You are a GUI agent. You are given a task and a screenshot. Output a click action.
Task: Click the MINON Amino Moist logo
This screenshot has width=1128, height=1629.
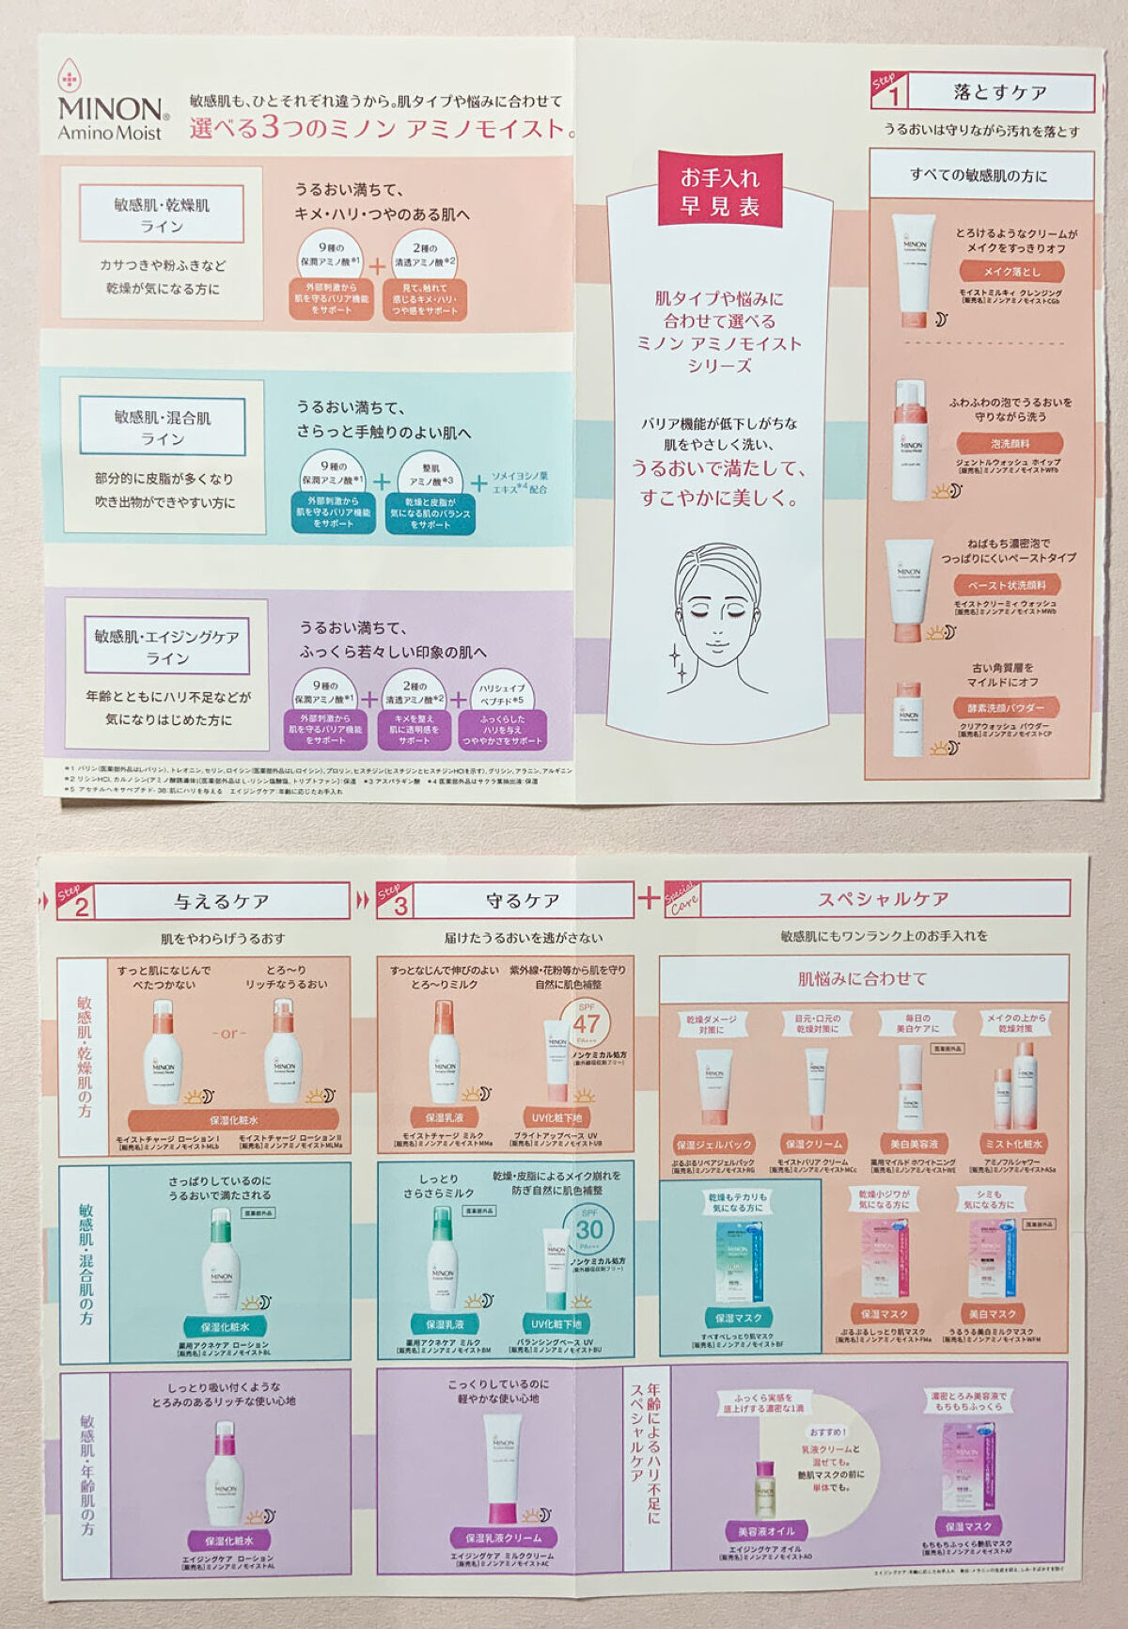(x=111, y=108)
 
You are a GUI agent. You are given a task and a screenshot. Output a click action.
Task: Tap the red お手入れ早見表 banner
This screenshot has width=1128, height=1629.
(x=720, y=191)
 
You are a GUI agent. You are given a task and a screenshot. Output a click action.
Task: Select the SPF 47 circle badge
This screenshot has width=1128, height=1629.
(x=587, y=1024)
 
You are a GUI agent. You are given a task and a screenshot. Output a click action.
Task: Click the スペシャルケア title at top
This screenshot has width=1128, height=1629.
(x=884, y=898)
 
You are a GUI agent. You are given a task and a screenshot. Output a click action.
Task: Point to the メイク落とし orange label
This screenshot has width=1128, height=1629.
(x=1011, y=271)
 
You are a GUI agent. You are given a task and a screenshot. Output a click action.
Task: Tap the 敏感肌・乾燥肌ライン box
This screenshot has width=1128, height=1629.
(x=162, y=214)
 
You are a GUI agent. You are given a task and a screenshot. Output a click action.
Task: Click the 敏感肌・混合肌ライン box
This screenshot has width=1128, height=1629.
(x=163, y=427)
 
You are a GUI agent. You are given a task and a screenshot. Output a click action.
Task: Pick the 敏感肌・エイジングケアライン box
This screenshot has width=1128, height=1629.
(x=166, y=646)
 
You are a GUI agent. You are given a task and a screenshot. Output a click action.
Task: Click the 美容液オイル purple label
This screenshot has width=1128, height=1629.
(x=765, y=1530)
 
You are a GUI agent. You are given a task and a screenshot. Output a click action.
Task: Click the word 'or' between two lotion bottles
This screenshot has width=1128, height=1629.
(x=228, y=1033)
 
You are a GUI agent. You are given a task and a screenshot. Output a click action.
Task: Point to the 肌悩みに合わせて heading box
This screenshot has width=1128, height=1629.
(x=863, y=978)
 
